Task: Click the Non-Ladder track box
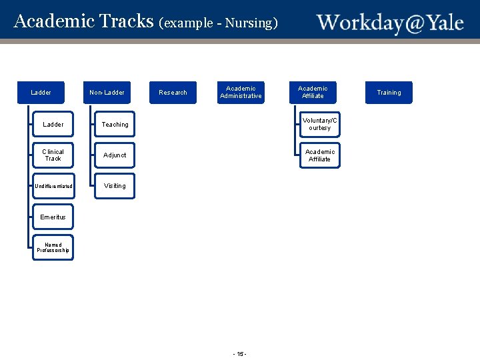click(x=107, y=93)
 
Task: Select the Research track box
click(x=173, y=93)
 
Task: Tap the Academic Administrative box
click(x=241, y=92)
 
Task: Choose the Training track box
click(x=389, y=93)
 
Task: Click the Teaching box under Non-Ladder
click(x=115, y=125)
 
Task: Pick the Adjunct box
click(x=115, y=155)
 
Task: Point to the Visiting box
click(x=115, y=186)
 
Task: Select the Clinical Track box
click(x=53, y=155)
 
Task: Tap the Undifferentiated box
click(x=53, y=186)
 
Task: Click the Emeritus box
click(x=53, y=217)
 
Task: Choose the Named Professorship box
click(x=53, y=247)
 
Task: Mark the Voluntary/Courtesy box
click(x=320, y=125)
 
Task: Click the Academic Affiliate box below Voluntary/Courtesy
click(x=320, y=155)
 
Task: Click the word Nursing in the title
click(x=248, y=23)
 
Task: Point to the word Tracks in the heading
click(x=126, y=21)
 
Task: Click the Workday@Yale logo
click(x=390, y=23)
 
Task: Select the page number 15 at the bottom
click(x=240, y=353)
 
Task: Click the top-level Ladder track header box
click(x=41, y=93)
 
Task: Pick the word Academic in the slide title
click(x=54, y=21)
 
